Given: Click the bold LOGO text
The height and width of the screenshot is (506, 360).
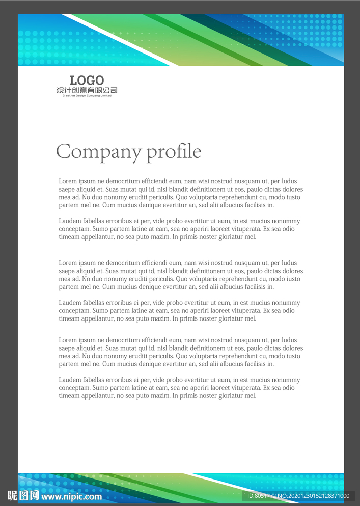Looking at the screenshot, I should coord(87,80).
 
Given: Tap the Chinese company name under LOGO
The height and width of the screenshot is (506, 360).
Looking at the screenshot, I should coord(87,90).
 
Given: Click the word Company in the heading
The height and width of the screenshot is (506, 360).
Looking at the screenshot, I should coord(98,152).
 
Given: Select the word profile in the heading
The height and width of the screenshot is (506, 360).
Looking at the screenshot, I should coord(174,152).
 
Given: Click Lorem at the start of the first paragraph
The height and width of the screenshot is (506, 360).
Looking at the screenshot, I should coord(68,181).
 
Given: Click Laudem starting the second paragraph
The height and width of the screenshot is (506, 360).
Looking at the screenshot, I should coord(70,221).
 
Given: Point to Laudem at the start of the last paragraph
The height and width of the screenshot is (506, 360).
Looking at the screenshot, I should coord(70,380).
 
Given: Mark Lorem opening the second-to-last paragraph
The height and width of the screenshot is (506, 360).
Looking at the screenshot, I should coord(68,340).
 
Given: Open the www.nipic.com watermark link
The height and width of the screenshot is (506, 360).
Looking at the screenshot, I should coord(71,496).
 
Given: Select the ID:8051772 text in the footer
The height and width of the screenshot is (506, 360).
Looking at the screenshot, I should coord(263,496).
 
